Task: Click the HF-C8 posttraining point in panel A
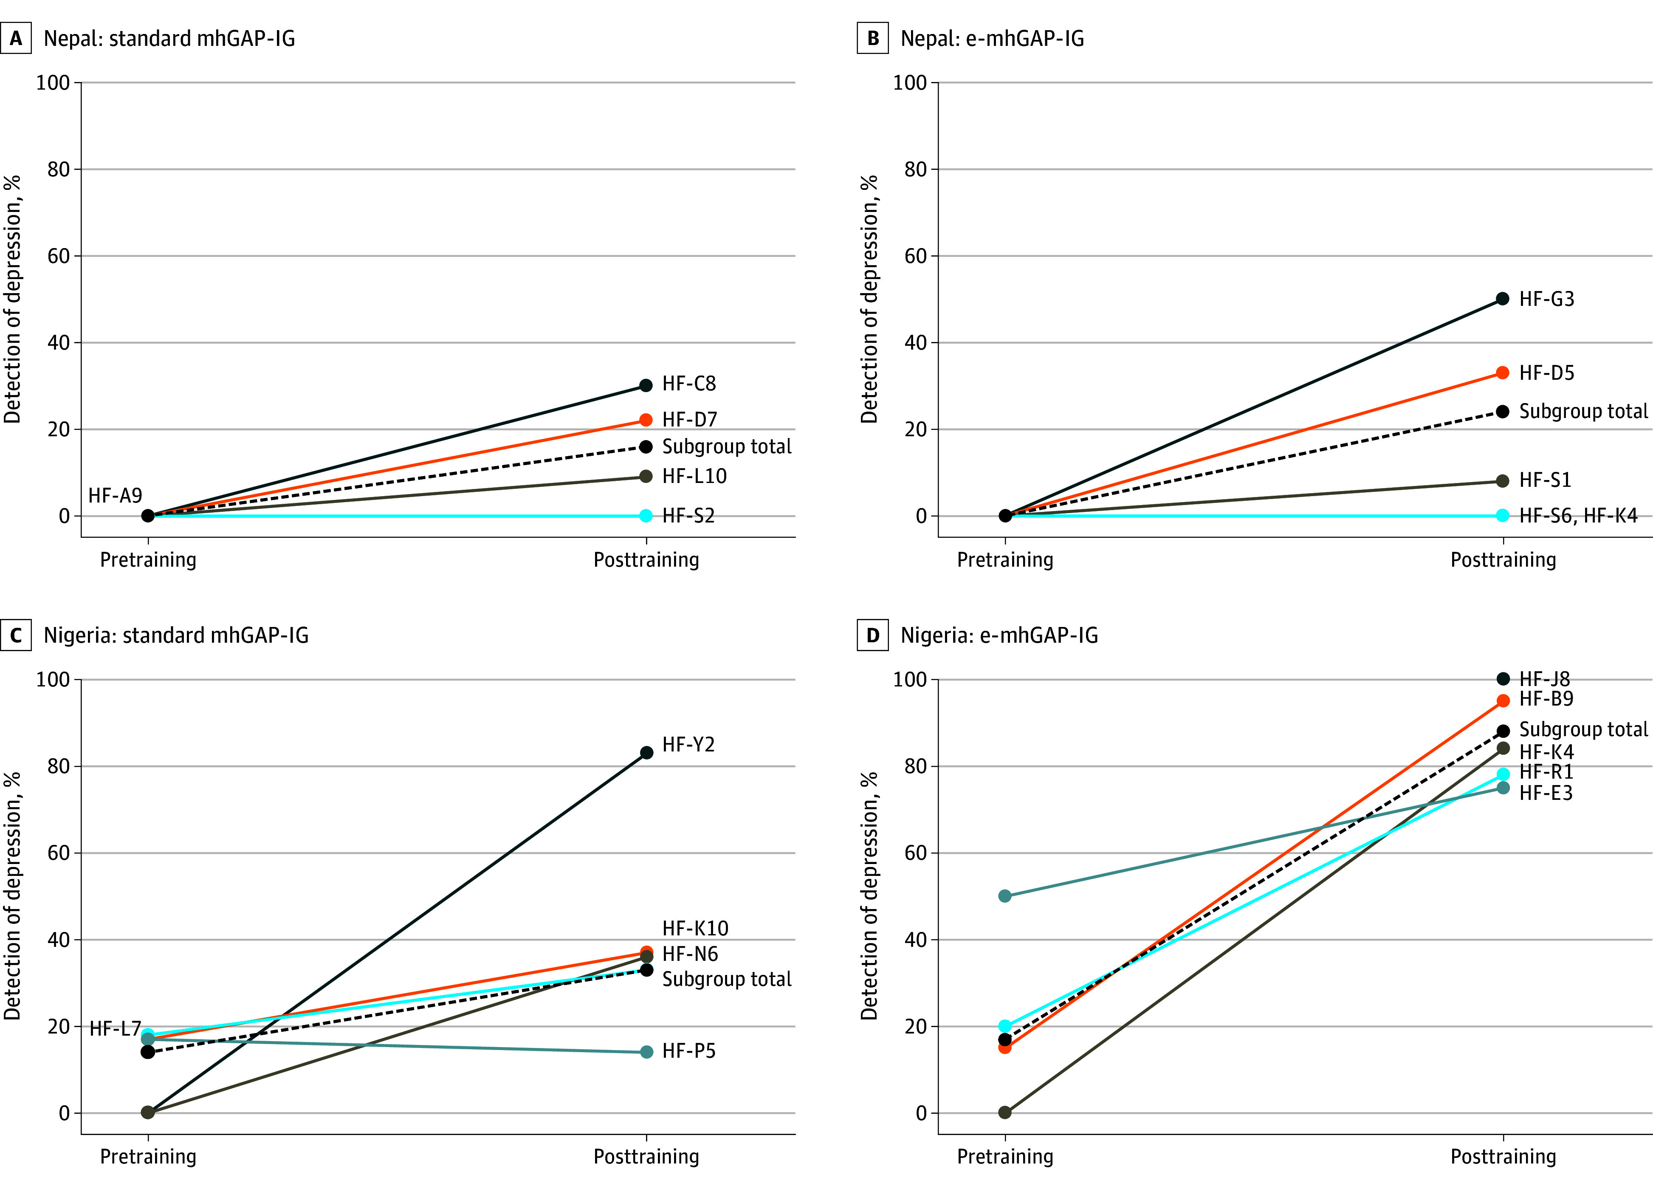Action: (x=646, y=386)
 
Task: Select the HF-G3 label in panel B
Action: (x=1546, y=299)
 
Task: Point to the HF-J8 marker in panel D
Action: (x=1503, y=679)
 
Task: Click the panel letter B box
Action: (x=872, y=38)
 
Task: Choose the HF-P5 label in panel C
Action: (x=689, y=1051)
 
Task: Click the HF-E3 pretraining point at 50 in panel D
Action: (x=1005, y=896)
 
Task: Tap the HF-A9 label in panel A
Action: (x=115, y=496)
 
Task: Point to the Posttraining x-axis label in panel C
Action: (x=646, y=1156)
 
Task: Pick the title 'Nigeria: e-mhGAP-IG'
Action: (x=999, y=635)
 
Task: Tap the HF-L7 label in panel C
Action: (x=115, y=1028)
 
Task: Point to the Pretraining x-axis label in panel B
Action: (x=1005, y=560)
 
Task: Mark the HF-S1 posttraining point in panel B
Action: (x=1503, y=481)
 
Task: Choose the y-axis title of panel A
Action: (x=12, y=299)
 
